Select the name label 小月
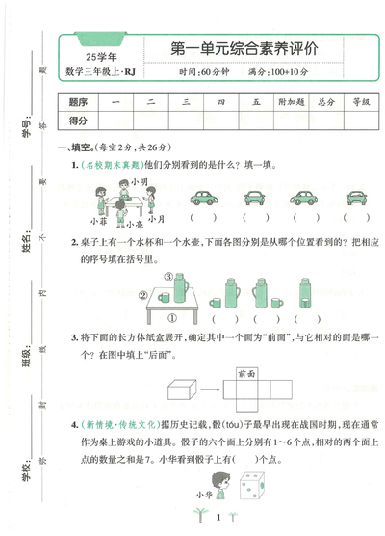pyautogui.click(x=155, y=219)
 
